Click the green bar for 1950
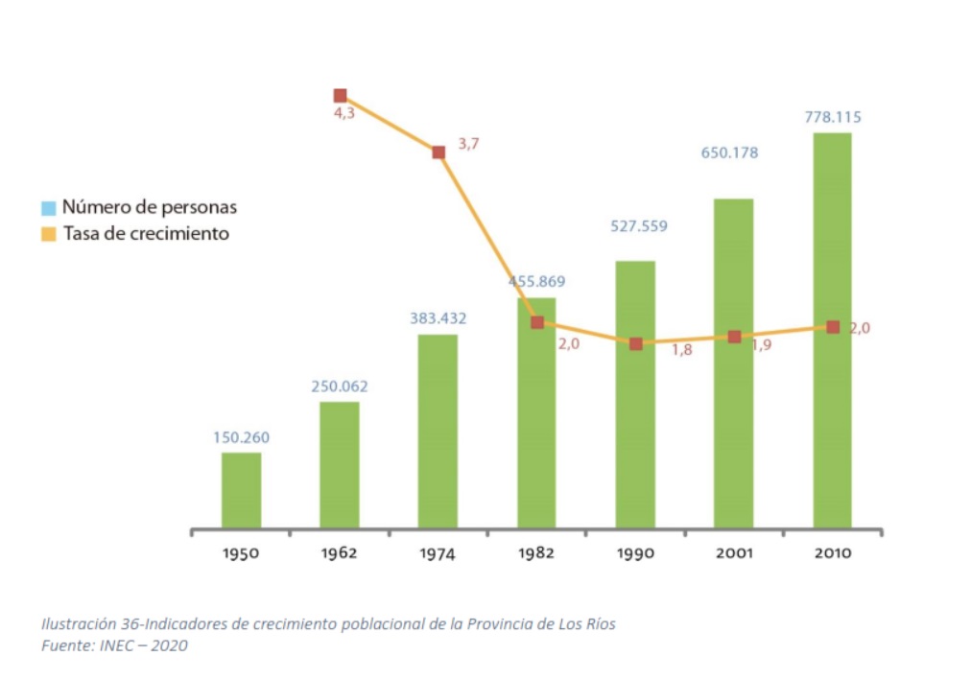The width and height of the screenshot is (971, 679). pyautogui.click(x=241, y=490)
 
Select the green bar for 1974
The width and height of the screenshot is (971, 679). pyautogui.click(x=438, y=432)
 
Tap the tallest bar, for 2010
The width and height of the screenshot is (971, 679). pyautogui.click(x=831, y=331)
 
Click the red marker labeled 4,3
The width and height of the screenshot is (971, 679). pyautogui.click(x=340, y=96)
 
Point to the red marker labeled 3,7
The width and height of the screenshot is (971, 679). pyautogui.click(x=438, y=152)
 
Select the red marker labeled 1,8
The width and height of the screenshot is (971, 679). pyautogui.click(x=635, y=343)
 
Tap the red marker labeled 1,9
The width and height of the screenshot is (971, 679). pyautogui.click(x=734, y=337)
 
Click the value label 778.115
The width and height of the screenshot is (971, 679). pyautogui.click(x=833, y=118)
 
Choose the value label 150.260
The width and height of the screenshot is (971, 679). pyautogui.click(x=241, y=438)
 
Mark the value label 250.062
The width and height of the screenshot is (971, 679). pyautogui.click(x=340, y=387)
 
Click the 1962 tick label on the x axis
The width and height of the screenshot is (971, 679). pyautogui.click(x=340, y=553)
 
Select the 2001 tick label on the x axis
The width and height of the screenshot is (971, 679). pyautogui.click(x=734, y=553)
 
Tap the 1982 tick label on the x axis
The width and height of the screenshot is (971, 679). pyautogui.click(x=536, y=553)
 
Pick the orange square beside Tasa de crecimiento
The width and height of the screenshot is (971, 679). pyautogui.click(x=49, y=233)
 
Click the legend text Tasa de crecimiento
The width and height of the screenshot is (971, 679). pyautogui.click(x=146, y=233)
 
